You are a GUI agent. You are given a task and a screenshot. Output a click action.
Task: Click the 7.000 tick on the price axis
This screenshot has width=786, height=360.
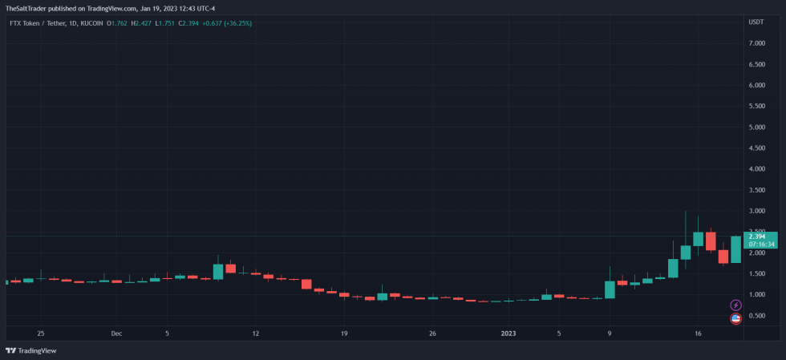(x=757, y=43)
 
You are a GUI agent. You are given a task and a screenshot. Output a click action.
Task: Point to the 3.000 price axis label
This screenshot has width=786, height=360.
(x=757, y=211)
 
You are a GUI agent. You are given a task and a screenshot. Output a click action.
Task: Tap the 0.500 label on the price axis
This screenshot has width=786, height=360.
(x=757, y=316)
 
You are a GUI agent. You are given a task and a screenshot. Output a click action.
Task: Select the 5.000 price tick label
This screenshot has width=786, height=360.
(x=757, y=127)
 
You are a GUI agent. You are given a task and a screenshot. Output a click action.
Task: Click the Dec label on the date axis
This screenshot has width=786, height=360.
(x=116, y=333)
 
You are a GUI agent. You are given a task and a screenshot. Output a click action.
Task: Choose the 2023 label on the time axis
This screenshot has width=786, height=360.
(x=510, y=333)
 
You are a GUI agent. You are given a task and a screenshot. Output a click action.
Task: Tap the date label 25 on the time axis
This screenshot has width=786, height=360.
(x=40, y=333)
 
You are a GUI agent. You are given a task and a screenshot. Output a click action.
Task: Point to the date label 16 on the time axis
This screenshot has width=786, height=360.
(x=698, y=333)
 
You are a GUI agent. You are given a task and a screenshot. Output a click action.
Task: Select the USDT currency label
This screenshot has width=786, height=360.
(x=756, y=22)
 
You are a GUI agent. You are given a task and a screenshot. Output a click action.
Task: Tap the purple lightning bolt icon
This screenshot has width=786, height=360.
(x=735, y=305)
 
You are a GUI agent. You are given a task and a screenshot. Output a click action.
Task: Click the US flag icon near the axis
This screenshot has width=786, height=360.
(x=735, y=319)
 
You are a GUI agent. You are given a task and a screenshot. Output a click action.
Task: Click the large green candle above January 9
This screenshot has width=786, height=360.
(x=610, y=289)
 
